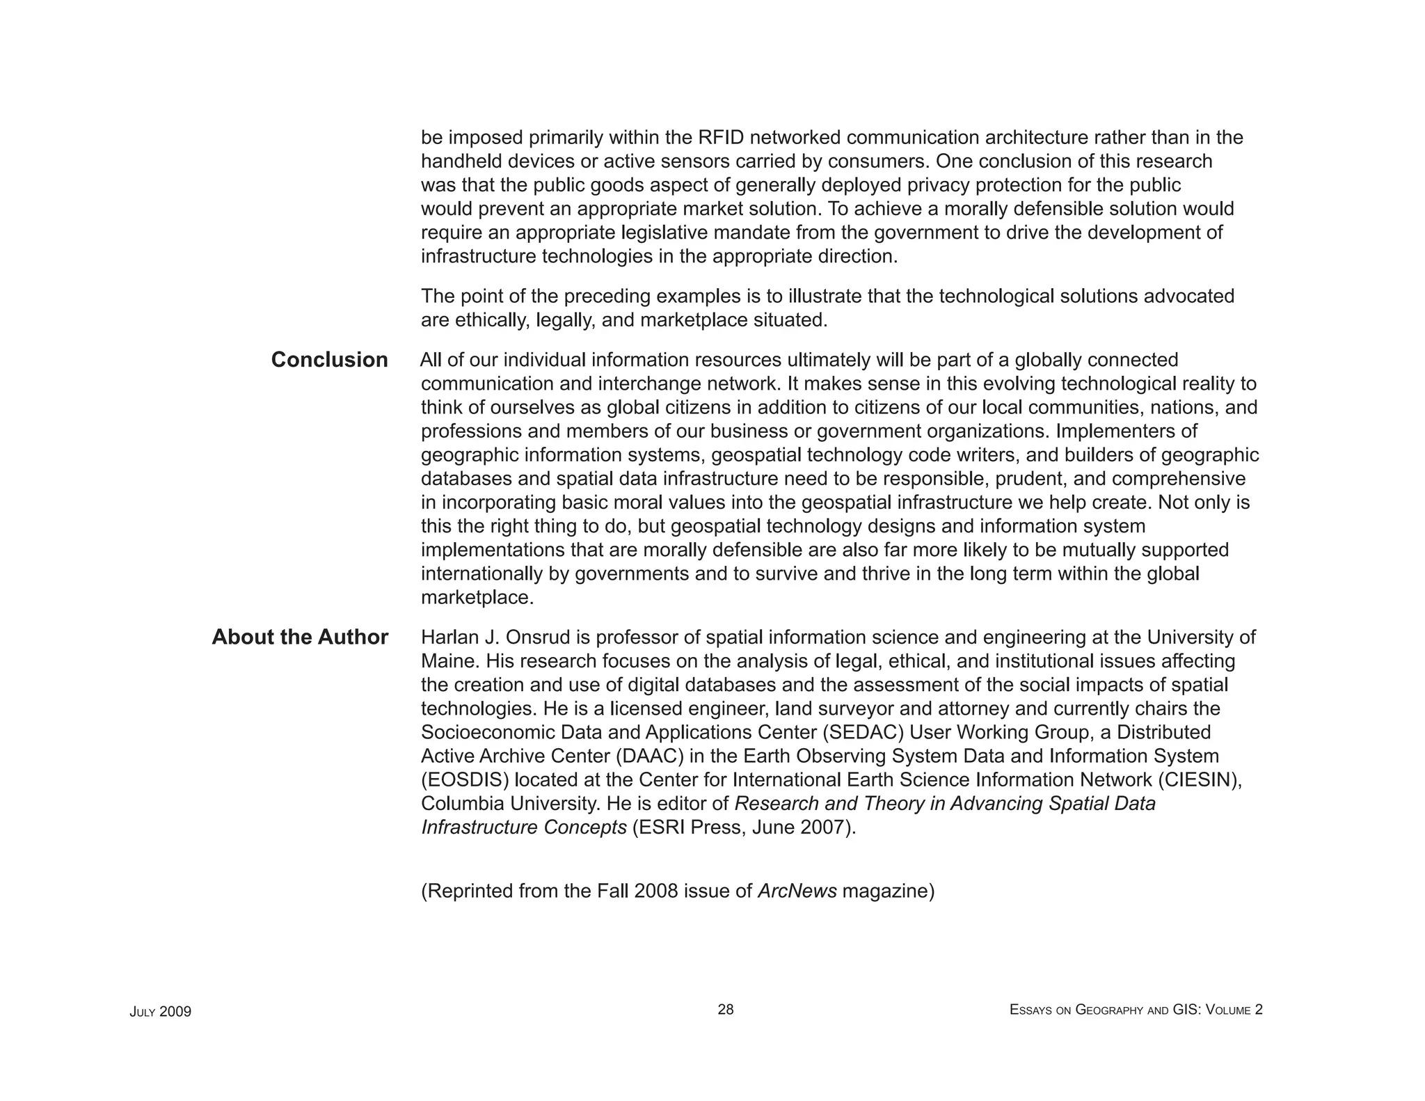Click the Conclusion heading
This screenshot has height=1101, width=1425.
329,360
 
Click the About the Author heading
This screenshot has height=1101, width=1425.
300,637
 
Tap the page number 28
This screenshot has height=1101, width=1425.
725,1010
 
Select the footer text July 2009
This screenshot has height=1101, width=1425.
160,1012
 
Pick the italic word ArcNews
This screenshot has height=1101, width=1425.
797,891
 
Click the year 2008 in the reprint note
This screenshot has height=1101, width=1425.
655,891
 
